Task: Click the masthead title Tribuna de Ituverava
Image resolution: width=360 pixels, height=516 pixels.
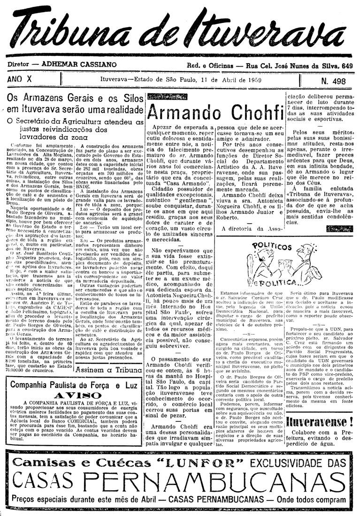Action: [180, 32]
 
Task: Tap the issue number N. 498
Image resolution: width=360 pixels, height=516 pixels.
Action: [333, 81]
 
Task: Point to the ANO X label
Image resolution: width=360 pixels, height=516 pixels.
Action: [21, 80]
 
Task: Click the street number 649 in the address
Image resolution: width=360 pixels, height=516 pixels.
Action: [346, 66]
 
